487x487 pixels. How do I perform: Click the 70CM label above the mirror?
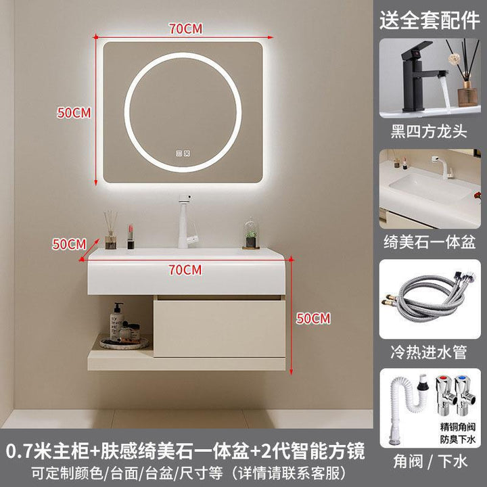pyautogui.click(x=185, y=28)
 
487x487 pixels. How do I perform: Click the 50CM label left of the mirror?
pyautogui.click(x=74, y=113)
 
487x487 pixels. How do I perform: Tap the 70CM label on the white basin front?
pyautogui.click(x=185, y=270)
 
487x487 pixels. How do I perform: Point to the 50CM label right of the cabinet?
pyautogui.click(x=313, y=319)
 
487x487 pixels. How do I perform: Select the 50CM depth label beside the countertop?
pyautogui.click(x=69, y=244)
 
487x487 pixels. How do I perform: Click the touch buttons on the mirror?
pyautogui.click(x=183, y=154)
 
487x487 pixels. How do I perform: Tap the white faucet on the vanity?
pyautogui.click(x=187, y=221)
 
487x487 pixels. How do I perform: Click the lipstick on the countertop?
pyautogui.click(x=131, y=237)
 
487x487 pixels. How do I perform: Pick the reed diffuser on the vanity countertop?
pyautogui.click(x=110, y=230)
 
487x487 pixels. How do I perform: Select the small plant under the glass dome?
pyautogui.click(x=251, y=233)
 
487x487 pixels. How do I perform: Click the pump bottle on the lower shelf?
pyautogui.click(x=117, y=321)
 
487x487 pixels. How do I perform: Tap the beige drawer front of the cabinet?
pyautogui.click(x=219, y=328)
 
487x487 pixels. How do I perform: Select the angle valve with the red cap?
pyautogui.click(x=445, y=395)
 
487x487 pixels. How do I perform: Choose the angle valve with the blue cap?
pyautogui.click(x=465, y=395)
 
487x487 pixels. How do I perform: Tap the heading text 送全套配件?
pyautogui.click(x=430, y=20)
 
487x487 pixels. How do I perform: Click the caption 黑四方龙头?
pyautogui.click(x=429, y=131)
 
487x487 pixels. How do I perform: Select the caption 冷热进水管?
pyautogui.click(x=429, y=352)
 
